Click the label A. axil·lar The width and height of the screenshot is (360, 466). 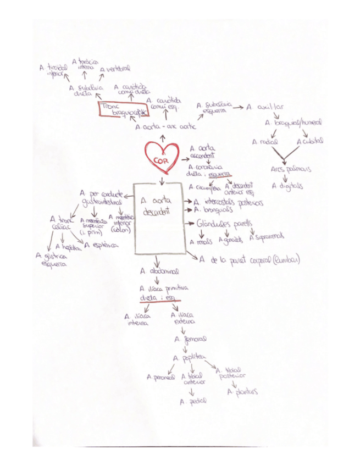coord(265,107)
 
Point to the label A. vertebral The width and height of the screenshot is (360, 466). coord(115,69)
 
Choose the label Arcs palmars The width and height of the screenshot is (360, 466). coord(290,169)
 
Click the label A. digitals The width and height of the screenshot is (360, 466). coord(287,186)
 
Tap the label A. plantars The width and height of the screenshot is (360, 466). coord(242,392)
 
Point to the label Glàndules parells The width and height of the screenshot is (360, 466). coord(225,224)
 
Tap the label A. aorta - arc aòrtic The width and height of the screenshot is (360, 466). coord(165,126)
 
